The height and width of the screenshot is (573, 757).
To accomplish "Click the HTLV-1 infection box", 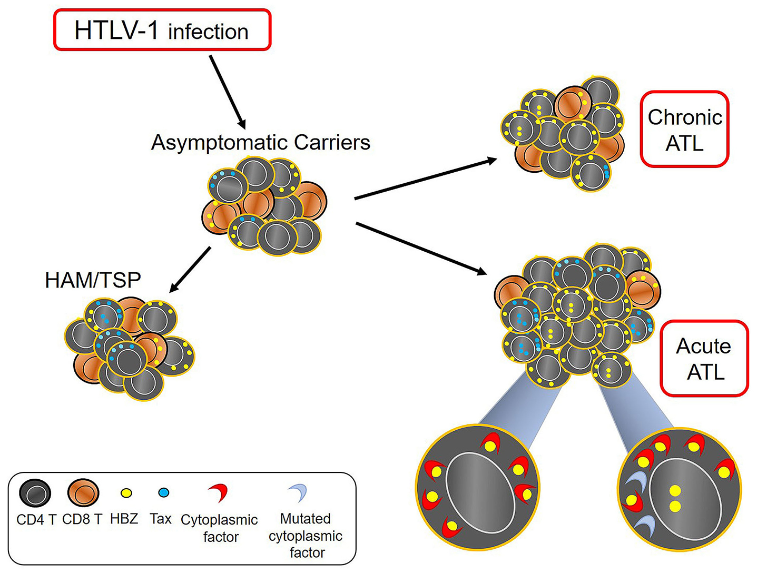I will tap(162, 31).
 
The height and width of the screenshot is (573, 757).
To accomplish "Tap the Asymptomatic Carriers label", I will tap(260, 143).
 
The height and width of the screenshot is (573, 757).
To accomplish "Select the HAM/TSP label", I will tap(93, 280).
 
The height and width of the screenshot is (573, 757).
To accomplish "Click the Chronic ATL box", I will tap(684, 130).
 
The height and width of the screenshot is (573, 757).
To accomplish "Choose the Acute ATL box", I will tap(704, 359).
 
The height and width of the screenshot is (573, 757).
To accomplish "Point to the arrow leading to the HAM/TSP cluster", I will tap(190, 269).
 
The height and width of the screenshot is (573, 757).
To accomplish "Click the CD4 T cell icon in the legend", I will tap(35, 493).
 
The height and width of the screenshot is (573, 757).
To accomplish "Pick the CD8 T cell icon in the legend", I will tap(83, 493).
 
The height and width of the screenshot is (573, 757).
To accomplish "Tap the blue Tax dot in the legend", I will tap(164, 493).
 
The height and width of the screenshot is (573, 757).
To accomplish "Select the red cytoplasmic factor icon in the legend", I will tap(219, 493).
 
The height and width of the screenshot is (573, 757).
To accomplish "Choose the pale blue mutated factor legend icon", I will tap(299, 493).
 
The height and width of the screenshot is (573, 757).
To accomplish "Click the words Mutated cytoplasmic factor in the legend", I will tap(306, 536).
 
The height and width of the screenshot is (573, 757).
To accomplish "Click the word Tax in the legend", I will tap(161, 519).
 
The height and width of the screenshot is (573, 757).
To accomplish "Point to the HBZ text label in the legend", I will tap(124, 519).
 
